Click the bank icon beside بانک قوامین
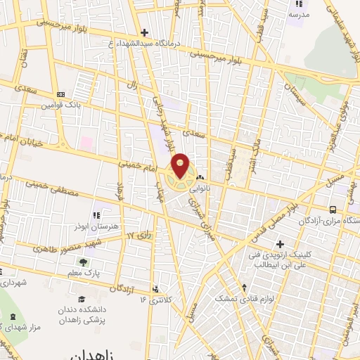(x=60, y=94)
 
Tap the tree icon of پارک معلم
(x=83, y=262)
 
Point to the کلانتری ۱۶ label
(x=155, y=300)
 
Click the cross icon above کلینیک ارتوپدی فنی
(x=280, y=243)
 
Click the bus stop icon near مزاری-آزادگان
(x=333, y=209)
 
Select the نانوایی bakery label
(x=211, y=187)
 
